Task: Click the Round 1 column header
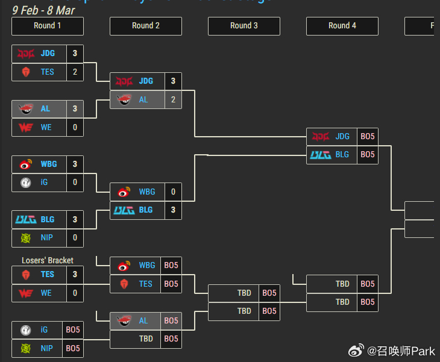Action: click(48, 26)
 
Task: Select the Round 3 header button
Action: click(244, 26)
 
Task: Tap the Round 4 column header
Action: click(342, 26)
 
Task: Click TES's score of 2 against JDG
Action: click(75, 72)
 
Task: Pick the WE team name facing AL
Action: click(46, 127)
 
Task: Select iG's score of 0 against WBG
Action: click(75, 182)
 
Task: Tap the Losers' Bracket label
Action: click(48, 260)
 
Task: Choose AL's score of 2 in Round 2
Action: click(174, 99)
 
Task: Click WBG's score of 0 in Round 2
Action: click(174, 192)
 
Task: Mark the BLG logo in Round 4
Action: click(321, 155)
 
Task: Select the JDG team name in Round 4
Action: click(342, 136)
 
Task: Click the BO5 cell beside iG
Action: click(73, 330)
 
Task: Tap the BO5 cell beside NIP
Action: click(73, 348)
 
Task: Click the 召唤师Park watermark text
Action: click(401, 350)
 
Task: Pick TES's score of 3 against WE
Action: click(75, 274)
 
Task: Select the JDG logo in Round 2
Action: click(124, 81)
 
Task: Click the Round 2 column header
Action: click(146, 26)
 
